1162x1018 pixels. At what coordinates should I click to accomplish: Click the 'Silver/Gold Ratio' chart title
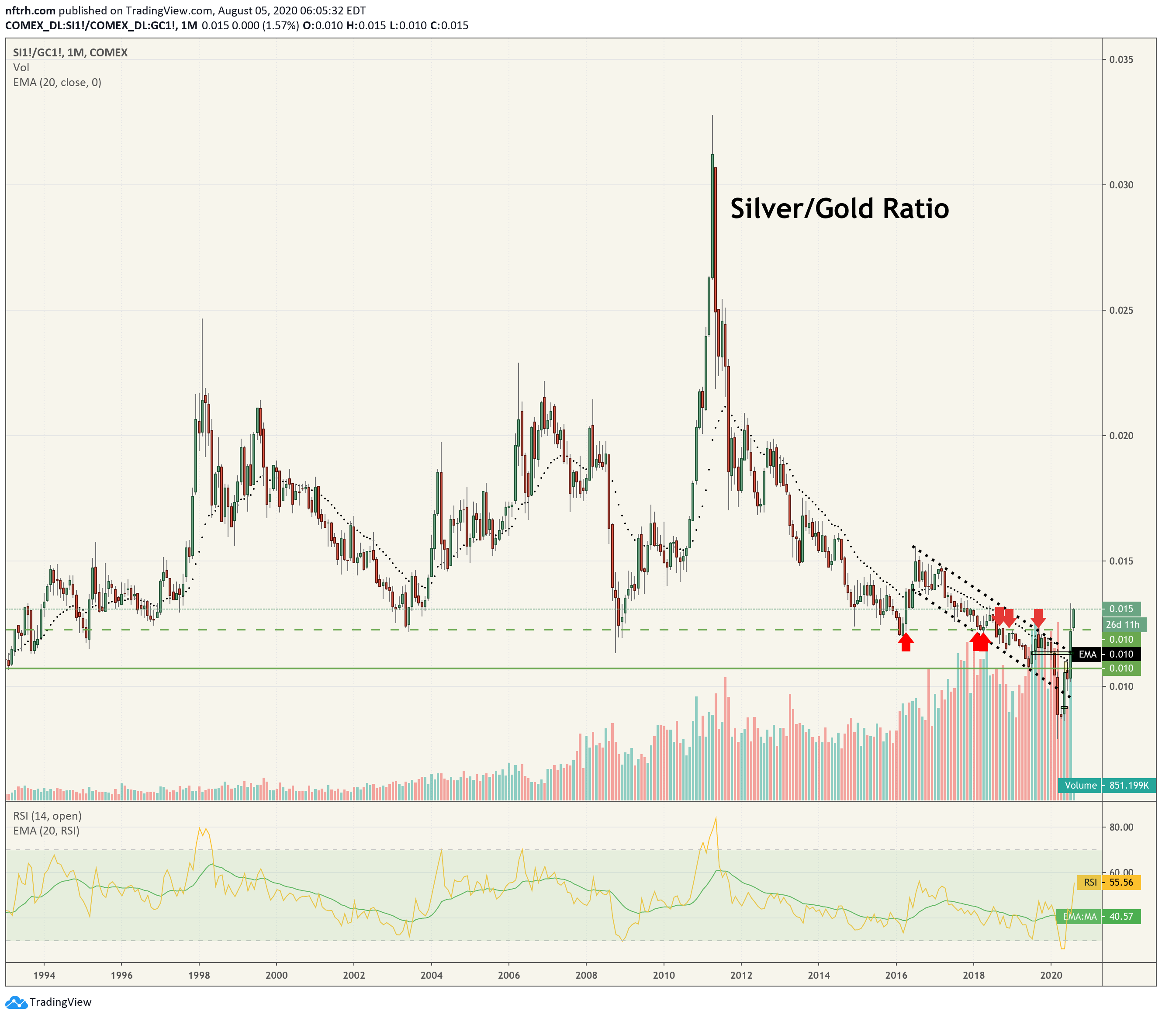[x=840, y=208]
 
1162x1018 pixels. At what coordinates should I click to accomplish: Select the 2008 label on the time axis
[x=586, y=975]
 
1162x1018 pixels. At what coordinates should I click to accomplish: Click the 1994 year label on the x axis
[x=44, y=975]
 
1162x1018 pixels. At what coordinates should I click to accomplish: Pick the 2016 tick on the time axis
[x=896, y=975]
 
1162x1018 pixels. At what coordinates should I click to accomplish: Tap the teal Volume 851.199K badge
[x=1107, y=786]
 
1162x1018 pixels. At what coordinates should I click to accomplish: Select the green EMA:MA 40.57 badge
[x=1098, y=916]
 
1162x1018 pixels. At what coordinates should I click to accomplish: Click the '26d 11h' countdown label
[x=1122, y=624]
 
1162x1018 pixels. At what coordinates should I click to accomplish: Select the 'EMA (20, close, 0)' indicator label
[x=57, y=83]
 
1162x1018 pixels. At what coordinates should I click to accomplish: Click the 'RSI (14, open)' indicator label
[x=48, y=816]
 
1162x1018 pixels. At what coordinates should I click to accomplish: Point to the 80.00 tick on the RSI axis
[x=1120, y=827]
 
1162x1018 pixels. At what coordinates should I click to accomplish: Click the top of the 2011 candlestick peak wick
[x=712, y=115]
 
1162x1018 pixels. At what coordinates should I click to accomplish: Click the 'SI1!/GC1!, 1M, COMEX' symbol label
[x=70, y=53]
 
